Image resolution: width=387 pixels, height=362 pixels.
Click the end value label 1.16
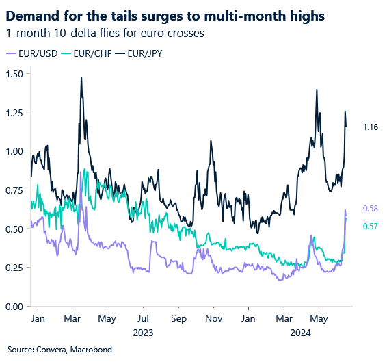coord(371,127)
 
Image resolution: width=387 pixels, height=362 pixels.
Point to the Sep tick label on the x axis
coord(178,319)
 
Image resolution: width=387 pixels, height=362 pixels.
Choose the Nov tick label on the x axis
coord(213,319)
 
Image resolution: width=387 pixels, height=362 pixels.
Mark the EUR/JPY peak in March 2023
coord(81,77)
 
